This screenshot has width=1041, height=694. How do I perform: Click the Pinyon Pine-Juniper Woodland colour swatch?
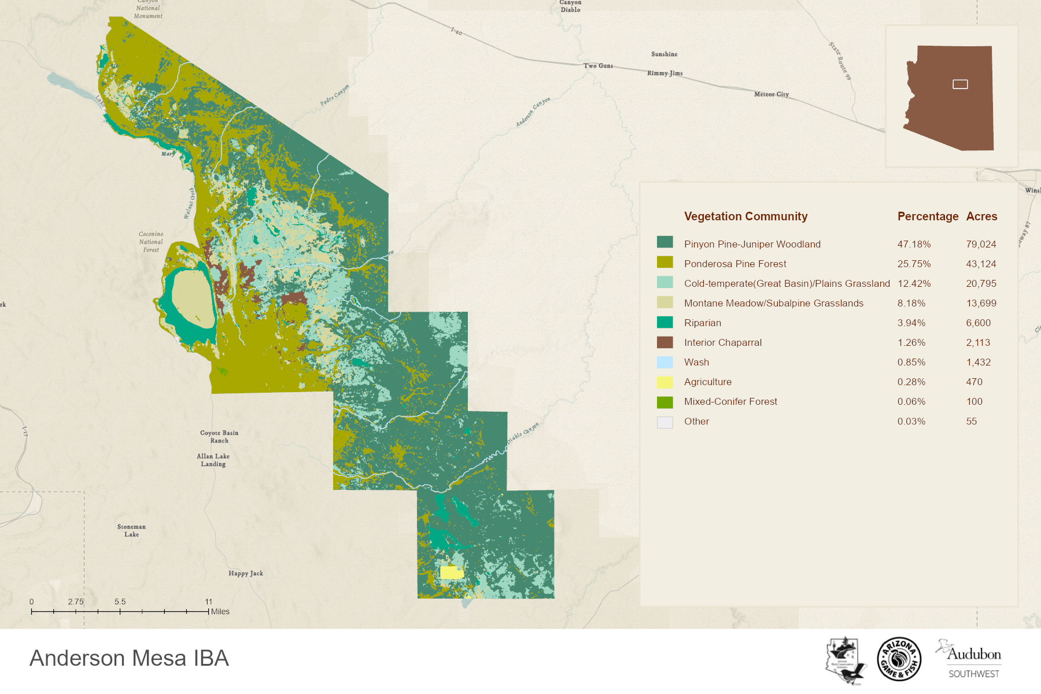coord(665,242)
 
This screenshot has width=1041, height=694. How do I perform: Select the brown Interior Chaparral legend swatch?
coord(665,342)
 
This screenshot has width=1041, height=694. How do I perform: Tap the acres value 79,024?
coord(981,244)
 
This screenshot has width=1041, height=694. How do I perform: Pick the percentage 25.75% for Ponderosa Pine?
coord(914,264)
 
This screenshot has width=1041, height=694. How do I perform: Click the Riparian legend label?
coord(702,323)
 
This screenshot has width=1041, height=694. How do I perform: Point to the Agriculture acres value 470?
coord(974,382)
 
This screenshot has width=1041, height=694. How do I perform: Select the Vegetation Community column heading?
coord(745,216)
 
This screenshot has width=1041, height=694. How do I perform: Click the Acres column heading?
coord(981,216)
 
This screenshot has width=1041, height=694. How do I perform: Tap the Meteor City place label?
coord(771,94)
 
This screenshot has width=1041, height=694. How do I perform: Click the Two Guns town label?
coord(598,66)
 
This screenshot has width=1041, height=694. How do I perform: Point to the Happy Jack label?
coord(245,574)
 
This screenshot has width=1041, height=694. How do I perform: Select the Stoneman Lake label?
coord(131,530)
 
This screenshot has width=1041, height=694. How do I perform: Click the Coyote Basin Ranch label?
coord(219,437)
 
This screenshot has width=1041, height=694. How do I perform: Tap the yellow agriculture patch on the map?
coord(451,573)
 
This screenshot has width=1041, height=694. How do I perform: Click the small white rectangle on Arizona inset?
coord(960,84)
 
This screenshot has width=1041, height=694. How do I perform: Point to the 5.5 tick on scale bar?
coord(120,611)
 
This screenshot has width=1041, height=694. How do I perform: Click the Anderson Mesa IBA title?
coord(129,658)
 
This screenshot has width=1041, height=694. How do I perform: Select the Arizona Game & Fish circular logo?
coord(899,659)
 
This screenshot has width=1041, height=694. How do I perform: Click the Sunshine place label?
coord(664,54)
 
